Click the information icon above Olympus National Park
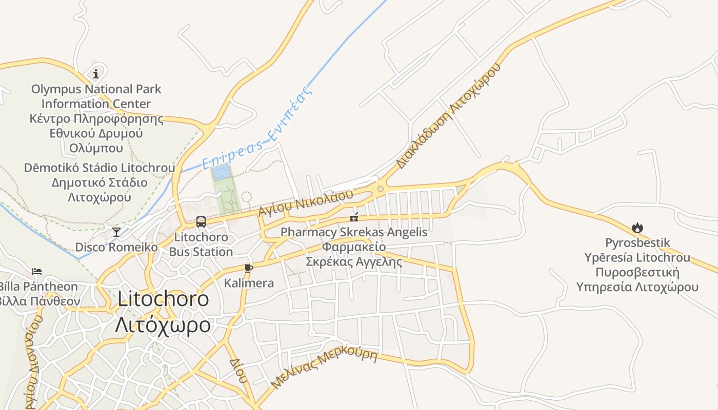96,74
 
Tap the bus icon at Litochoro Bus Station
201,222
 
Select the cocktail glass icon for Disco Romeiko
116,232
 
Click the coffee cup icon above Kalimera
249,268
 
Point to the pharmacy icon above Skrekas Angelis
354,217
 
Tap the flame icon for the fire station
637,228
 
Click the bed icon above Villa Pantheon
36,272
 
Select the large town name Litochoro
163,299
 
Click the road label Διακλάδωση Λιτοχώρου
447,116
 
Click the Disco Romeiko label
116,247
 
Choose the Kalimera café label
249,283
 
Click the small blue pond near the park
222,172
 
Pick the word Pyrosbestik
637,242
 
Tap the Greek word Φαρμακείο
354,247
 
